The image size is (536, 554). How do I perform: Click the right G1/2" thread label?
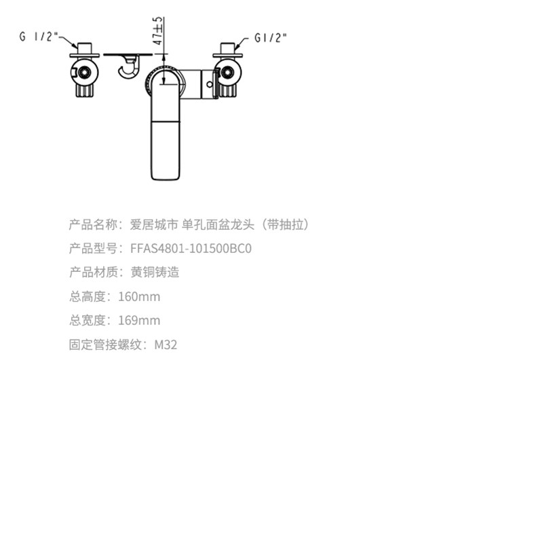tap(271, 37)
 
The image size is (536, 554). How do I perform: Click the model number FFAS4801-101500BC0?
tap(191, 249)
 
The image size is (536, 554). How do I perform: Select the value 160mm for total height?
tap(139, 297)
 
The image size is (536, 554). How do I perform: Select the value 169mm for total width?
tap(139, 321)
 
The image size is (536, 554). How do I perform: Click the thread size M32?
tap(166, 345)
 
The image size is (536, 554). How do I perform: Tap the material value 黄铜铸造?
tap(155, 273)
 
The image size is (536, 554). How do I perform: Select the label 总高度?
tap(87, 297)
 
